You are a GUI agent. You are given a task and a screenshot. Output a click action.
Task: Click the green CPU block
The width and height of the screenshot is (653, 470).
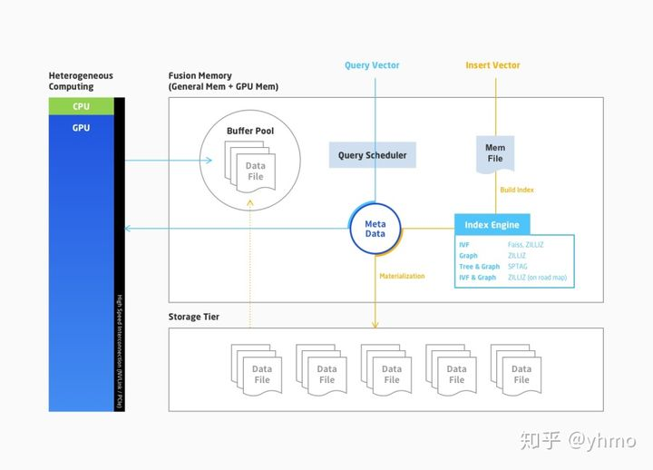(x=81, y=105)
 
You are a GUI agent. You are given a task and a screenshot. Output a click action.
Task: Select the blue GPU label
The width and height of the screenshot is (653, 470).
(x=81, y=128)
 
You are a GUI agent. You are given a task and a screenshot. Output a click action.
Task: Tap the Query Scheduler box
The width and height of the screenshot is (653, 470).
(x=373, y=155)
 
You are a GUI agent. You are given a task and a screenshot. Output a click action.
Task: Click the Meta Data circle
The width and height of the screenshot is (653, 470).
(x=375, y=229)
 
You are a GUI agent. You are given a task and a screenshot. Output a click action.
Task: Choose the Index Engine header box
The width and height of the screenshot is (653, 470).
(x=492, y=225)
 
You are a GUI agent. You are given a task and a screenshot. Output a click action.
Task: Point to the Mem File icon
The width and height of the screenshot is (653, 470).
(x=495, y=152)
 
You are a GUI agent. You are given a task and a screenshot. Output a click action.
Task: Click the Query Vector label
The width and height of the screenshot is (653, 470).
(x=372, y=65)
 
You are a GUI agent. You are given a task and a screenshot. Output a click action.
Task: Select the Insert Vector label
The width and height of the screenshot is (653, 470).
(x=492, y=65)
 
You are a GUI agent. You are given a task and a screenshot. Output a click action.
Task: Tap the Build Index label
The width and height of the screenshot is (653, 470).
(x=517, y=190)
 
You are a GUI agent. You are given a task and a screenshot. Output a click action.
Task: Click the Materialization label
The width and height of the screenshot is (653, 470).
(x=402, y=276)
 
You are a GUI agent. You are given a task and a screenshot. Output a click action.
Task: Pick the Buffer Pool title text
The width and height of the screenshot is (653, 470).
(x=249, y=132)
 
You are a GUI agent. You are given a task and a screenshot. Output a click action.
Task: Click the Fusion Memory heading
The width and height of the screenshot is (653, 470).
(x=223, y=81)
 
